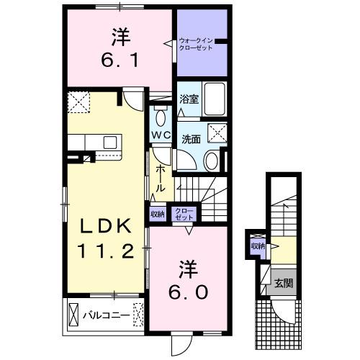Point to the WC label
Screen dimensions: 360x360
click(x=160, y=134)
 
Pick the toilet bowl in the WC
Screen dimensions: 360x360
click(x=160, y=116)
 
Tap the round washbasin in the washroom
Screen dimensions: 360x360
click(x=211, y=161)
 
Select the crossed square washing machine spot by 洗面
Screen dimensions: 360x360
click(x=215, y=132)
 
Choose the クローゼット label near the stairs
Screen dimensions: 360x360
click(x=184, y=213)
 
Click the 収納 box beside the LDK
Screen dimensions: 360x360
click(x=157, y=213)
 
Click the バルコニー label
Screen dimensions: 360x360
click(x=104, y=315)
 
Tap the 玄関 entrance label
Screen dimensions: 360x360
click(x=282, y=283)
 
